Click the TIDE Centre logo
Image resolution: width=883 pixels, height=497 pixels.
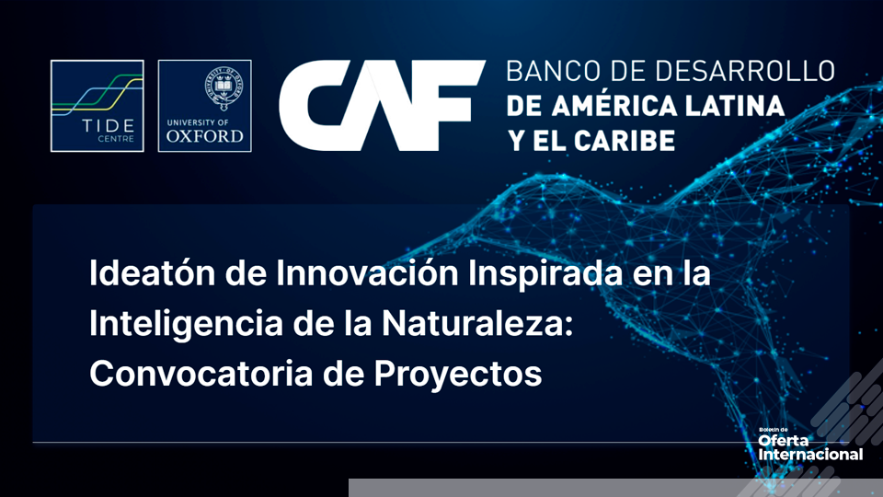pos(97,105)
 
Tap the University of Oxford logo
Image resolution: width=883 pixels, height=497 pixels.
pos(204,105)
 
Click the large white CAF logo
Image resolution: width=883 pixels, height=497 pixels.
pos(381,105)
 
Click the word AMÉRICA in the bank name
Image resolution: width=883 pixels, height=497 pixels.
pos(612,105)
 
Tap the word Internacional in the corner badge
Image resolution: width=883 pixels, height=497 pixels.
pos(810,455)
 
